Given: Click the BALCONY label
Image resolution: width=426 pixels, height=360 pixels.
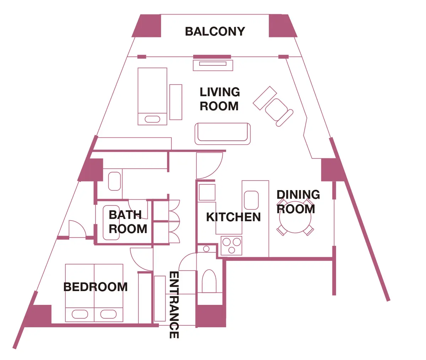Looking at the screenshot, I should [215, 31].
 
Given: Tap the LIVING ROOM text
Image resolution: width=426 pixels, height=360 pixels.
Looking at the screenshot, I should [219, 99].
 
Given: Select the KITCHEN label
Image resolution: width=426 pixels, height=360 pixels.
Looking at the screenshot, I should [233, 217].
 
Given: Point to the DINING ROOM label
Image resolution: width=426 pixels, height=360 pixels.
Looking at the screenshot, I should [297, 202].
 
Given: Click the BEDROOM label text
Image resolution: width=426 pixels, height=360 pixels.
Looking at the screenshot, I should [95, 287].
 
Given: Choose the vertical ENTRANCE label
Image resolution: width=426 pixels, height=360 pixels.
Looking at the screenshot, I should [174, 305].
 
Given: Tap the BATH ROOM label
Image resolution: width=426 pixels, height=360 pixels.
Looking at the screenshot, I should [127, 222].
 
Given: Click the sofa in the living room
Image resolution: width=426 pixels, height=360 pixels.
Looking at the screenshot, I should [222, 134].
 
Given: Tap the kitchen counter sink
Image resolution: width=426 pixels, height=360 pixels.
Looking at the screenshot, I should [251, 200].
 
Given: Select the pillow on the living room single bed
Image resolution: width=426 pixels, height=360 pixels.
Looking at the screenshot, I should [152, 119].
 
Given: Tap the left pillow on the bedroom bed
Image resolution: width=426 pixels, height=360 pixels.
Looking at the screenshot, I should [80, 314].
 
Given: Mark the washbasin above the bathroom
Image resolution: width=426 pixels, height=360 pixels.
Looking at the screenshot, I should [114, 181].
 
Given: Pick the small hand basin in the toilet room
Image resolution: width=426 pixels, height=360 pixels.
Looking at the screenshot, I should [206, 249].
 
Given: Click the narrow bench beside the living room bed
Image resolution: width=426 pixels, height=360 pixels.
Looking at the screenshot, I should [176, 102].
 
